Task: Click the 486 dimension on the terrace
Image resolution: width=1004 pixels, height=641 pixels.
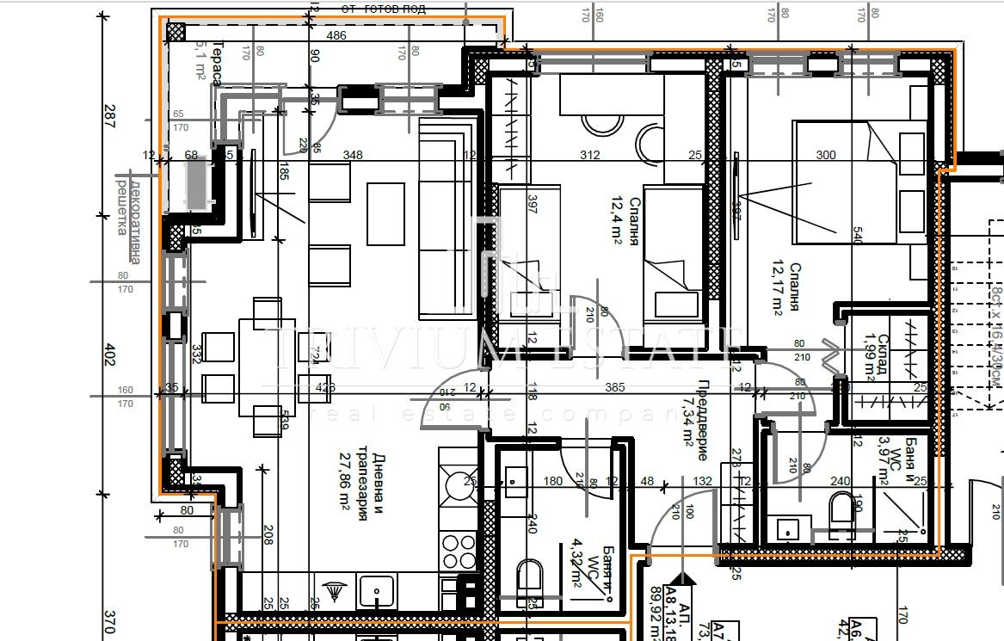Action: [337, 35]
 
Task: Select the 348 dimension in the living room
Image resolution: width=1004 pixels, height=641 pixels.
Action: [352, 156]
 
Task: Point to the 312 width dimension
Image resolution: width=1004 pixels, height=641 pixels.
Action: [590, 156]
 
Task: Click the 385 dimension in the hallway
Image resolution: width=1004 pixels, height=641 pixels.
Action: [614, 388]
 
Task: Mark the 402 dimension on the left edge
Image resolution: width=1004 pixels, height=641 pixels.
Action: [109, 354]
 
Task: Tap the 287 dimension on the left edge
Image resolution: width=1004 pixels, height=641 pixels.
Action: [109, 116]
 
